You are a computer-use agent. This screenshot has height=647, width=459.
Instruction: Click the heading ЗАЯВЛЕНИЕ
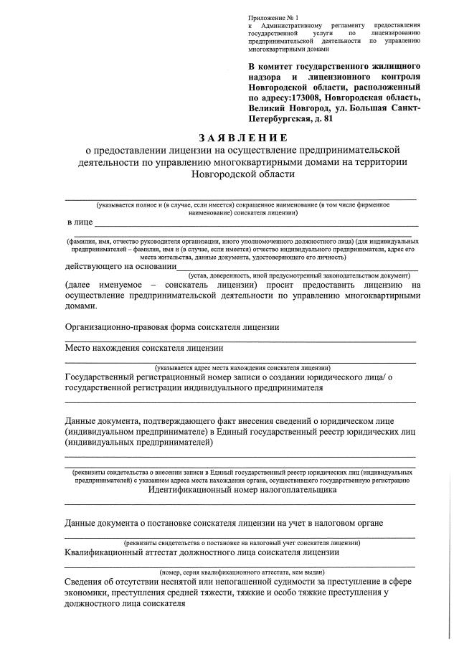coord(242,137)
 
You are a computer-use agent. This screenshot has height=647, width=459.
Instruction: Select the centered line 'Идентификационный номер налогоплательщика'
coord(242,491)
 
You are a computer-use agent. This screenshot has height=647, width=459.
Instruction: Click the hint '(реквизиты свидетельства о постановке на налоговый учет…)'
coord(242,542)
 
